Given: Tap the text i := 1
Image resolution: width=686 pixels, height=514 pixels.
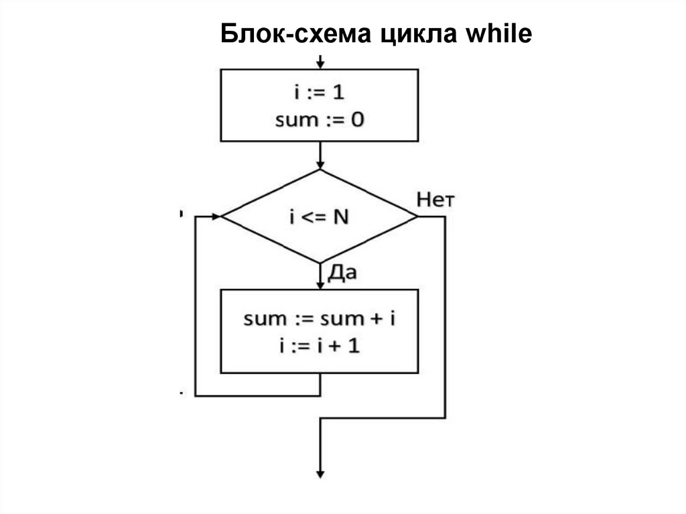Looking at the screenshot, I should click(320, 93).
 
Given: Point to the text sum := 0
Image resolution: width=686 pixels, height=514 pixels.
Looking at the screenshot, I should click(320, 121).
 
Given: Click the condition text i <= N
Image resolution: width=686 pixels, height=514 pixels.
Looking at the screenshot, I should click(320, 217).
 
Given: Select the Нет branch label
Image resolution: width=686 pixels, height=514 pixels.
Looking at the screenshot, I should click(436, 199).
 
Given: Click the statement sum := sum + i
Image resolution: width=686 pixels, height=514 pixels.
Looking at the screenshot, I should click(320, 318).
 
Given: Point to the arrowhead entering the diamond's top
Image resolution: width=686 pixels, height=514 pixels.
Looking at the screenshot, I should click(320, 165).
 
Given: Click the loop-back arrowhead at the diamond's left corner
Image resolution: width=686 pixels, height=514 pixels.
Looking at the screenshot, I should click(216, 216).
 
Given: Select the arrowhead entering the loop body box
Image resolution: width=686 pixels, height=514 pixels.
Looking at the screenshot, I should click(320, 284).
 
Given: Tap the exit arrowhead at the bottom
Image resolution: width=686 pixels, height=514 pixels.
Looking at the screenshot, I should click(320, 473).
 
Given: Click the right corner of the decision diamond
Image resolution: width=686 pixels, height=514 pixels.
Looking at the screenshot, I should click(417, 216).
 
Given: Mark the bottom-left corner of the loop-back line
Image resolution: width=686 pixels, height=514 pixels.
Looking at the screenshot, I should click(194, 395).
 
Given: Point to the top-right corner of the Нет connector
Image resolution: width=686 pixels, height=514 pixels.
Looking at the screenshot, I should click(445, 216).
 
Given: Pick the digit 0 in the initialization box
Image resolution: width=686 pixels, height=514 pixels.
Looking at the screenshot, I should click(358, 121).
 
